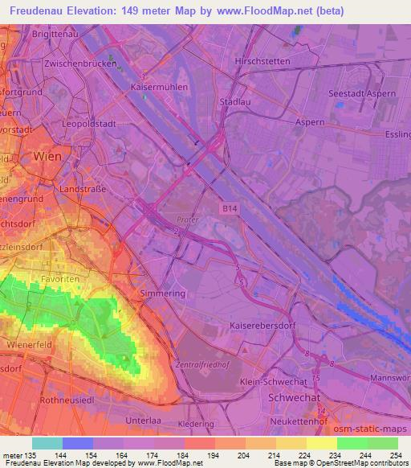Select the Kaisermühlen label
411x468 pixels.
pyautogui.click(x=159, y=86)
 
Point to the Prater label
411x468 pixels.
pyautogui.click(x=188, y=218)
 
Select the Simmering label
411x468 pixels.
pyautogui.click(x=163, y=294)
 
